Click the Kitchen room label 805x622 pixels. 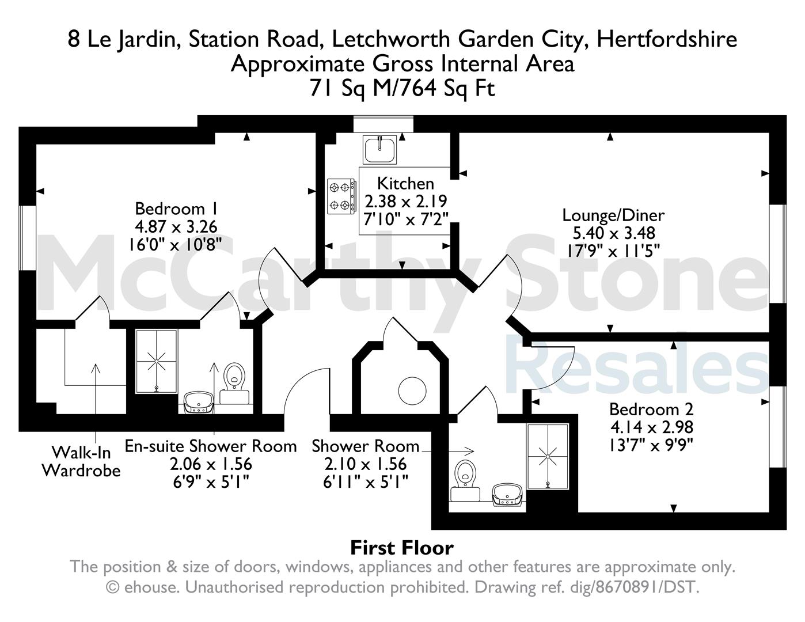tap(405, 183)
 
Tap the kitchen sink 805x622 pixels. tap(379, 150)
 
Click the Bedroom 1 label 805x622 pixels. tap(176, 209)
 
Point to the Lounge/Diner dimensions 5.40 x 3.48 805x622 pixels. tap(614, 233)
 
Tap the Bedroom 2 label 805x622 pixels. tap(651, 409)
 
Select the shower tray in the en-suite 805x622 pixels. tap(156, 361)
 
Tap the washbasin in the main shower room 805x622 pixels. tap(507, 495)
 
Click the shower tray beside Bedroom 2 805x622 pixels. tap(548, 456)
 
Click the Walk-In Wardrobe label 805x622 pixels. tap(82, 461)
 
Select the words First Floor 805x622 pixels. tap(402, 548)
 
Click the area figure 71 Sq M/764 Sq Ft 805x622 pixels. tap(403, 89)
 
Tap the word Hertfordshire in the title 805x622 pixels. tap(667, 39)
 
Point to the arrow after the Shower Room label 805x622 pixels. tap(448, 451)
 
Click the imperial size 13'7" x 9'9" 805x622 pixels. tap(651, 445)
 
